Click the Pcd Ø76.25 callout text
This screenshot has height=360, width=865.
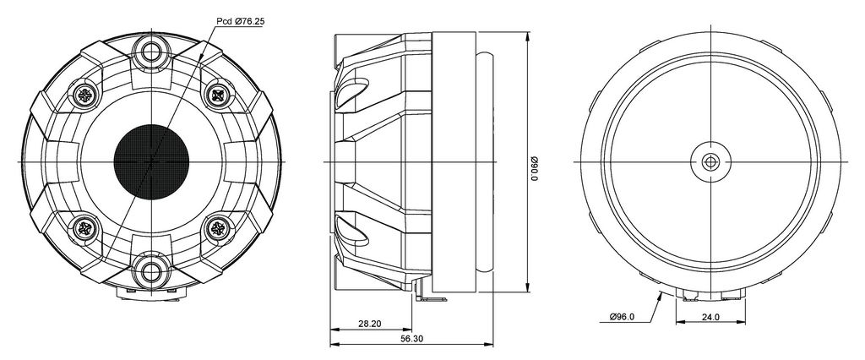[x=240, y=21]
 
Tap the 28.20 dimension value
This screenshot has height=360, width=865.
[x=369, y=324]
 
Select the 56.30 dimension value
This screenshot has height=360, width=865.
[x=411, y=339]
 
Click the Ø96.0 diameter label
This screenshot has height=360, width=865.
[x=623, y=316]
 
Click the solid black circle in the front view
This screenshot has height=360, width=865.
[x=152, y=161]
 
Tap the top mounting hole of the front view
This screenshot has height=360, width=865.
[x=150, y=52]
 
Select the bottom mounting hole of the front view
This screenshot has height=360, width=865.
[x=150, y=271]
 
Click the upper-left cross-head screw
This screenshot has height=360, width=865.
[x=84, y=95]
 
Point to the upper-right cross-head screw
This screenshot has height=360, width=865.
[x=216, y=95]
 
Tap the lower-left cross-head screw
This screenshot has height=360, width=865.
[x=84, y=227]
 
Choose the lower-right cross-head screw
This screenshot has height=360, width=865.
[x=216, y=227]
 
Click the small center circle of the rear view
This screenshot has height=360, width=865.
[x=710, y=161]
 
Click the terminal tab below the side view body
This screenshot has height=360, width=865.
[x=430, y=297]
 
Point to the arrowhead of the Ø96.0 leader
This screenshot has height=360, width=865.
[x=661, y=296]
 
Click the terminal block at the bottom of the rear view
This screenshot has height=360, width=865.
[x=710, y=296]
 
